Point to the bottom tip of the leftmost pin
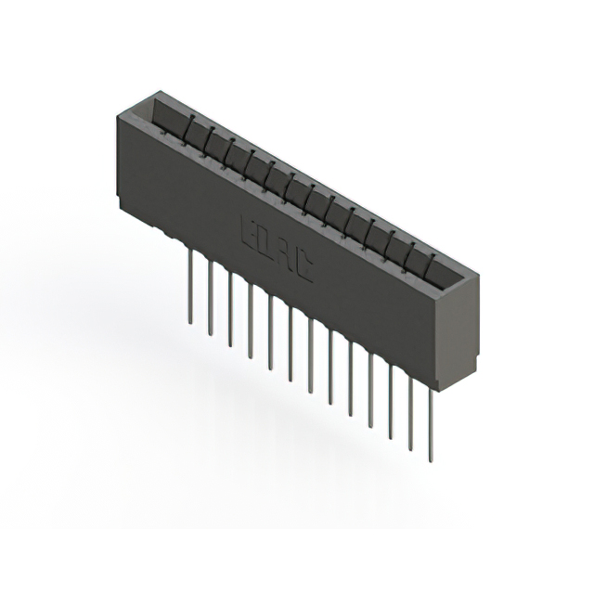(189, 322)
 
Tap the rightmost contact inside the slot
(431, 256)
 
